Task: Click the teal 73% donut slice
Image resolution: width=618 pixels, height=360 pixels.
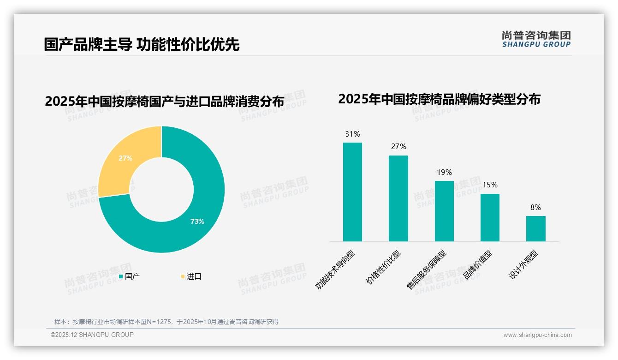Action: [203, 217]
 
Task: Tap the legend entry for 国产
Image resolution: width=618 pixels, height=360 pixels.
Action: [130, 276]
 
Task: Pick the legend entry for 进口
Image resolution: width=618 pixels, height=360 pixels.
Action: [191, 276]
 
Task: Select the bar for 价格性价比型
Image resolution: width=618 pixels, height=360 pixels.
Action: [398, 198]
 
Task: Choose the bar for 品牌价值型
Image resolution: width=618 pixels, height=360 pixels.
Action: [490, 217]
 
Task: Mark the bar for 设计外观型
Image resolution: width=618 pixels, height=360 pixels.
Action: [535, 228]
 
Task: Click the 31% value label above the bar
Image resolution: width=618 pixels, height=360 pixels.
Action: [352, 134]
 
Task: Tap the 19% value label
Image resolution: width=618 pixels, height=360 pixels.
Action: [444, 173]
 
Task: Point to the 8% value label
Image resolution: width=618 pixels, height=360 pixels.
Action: [535, 208]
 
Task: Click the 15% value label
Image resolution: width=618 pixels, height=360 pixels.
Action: [490, 185]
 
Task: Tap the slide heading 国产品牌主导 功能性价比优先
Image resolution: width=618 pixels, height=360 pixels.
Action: [142, 44]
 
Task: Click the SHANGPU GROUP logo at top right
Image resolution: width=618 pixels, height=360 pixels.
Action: [536, 39]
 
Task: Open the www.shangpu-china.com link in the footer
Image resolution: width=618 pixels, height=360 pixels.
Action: [537, 335]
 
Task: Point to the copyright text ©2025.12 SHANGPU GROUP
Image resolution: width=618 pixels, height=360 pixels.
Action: [92, 335]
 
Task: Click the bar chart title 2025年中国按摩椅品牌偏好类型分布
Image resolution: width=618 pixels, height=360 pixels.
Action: [439, 99]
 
